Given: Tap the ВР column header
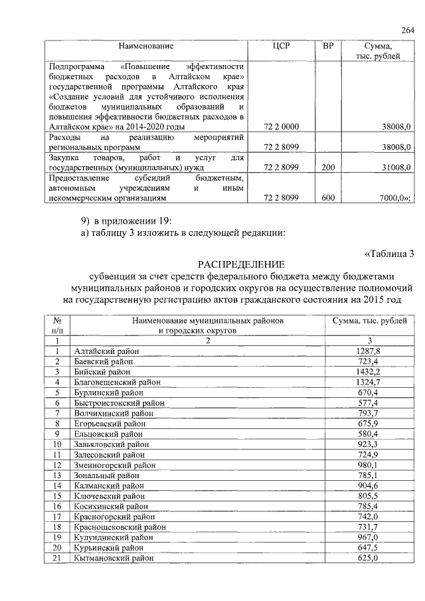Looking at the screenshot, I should tap(327, 46).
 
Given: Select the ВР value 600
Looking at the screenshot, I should tap(327, 198).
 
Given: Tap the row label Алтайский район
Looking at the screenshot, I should tap(107, 351).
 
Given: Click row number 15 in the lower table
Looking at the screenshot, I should tap(57, 497).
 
